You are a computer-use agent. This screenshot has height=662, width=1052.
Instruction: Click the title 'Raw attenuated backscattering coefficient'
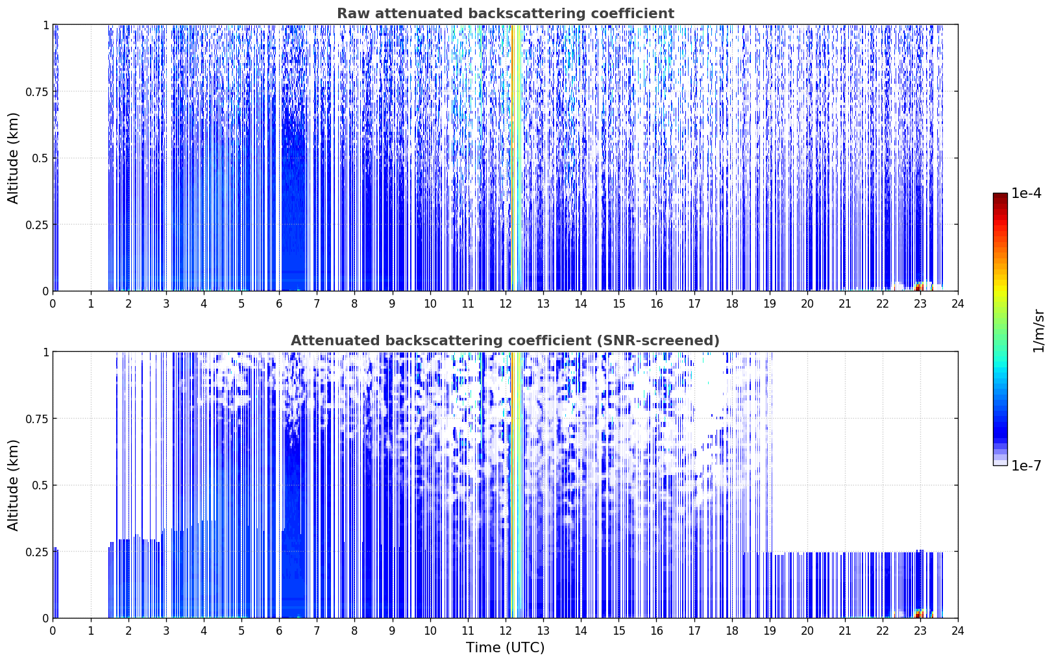506,14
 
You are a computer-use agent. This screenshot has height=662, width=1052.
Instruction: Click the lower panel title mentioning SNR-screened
506,340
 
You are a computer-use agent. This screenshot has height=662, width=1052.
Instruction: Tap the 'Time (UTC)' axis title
506,648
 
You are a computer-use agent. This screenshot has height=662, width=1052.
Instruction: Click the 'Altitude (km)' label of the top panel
13,158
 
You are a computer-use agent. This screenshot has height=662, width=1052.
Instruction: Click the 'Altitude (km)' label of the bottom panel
13,485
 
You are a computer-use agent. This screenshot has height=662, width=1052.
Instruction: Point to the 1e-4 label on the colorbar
1026,193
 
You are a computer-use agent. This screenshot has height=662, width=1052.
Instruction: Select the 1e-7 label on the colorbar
1026,466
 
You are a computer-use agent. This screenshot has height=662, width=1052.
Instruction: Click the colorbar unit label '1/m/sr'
1039,330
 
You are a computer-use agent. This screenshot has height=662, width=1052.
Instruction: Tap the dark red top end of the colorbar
1000,195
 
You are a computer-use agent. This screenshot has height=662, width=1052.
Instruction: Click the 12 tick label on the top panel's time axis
506,304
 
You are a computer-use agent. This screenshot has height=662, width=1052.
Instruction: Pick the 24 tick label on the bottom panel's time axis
958,631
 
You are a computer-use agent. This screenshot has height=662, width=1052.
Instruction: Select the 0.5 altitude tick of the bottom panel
40,485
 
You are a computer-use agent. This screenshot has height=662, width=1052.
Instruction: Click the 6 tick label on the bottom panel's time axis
279,631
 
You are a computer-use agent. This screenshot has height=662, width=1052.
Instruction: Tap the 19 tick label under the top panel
769,304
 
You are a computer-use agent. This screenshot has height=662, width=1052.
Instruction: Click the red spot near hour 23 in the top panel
918,287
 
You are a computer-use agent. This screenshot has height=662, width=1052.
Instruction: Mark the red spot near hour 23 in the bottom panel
918,614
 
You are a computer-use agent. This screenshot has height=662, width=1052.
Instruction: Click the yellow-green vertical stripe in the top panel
515,158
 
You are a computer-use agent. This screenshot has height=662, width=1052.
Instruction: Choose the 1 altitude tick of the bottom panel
46,352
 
